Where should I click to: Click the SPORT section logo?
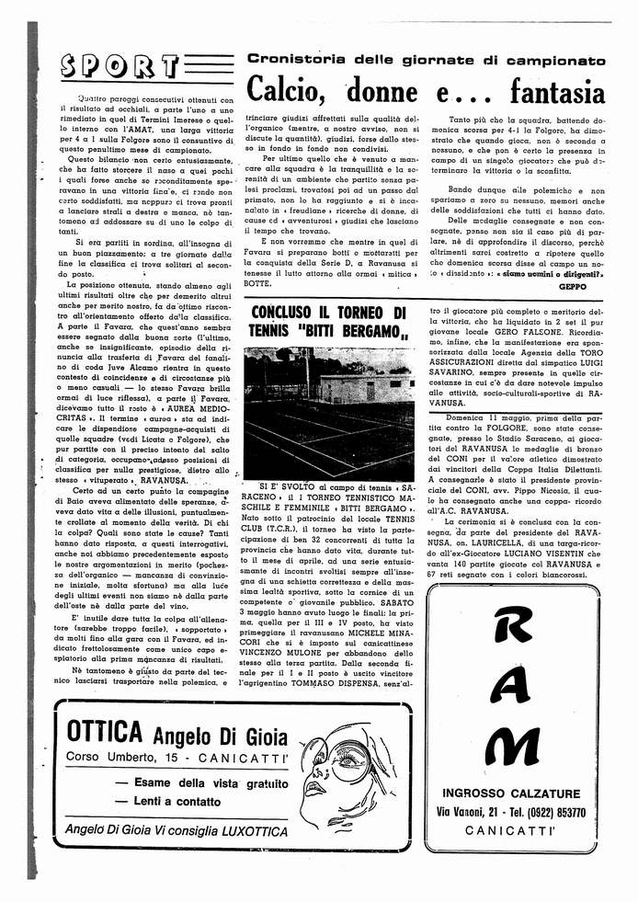point(118,67)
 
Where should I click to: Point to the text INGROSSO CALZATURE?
point(515,794)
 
